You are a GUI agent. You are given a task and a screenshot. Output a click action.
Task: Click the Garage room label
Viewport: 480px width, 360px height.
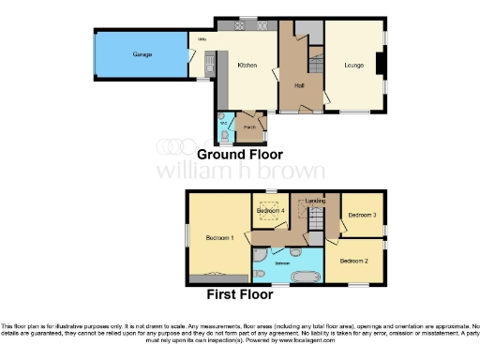(x=142, y=54)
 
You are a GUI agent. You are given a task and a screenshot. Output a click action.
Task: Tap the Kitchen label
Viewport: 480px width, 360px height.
(x=247, y=66)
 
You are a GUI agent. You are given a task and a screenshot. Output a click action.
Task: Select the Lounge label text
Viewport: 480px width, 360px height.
(x=352, y=66)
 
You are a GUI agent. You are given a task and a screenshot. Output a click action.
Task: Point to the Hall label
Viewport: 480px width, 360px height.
(x=299, y=85)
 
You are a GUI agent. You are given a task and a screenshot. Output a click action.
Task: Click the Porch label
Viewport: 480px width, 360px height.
(x=250, y=126)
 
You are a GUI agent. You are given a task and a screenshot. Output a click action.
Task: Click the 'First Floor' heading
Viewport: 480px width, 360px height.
(x=239, y=293)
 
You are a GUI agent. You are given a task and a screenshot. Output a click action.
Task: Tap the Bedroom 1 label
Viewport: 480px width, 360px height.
(x=218, y=237)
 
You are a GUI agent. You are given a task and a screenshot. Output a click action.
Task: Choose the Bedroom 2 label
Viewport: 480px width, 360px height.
(x=353, y=260)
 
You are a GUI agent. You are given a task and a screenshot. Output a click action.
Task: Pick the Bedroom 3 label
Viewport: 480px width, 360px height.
(x=361, y=215)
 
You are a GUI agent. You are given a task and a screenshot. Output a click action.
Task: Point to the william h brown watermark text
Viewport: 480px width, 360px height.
(x=240, y=172)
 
